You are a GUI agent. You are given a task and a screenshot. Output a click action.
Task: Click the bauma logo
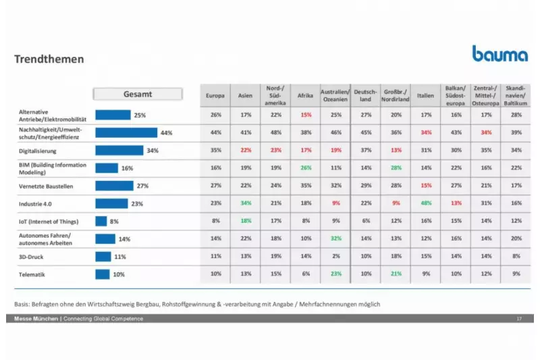click(500, 54)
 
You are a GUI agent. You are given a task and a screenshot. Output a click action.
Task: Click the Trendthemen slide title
click(49, 59)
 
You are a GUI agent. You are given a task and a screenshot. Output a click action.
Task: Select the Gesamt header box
click(138, 95)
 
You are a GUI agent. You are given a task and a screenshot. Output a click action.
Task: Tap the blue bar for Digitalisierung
click(119, 151)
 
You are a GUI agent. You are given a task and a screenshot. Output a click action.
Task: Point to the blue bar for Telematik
click(103, 274)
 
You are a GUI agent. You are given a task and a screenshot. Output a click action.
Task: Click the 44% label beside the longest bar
click(167, 133)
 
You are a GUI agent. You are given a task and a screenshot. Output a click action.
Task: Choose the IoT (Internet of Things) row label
click(49, 221)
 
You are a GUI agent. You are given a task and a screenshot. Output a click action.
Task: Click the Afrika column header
click(306, 96)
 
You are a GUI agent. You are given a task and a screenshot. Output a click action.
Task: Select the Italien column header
click(425, 96)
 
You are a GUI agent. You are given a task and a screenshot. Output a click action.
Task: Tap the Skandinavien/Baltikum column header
click(516, 95)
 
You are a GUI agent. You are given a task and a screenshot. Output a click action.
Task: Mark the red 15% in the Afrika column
click(306, 115)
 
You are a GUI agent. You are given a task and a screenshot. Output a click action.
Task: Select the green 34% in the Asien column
click(245, 203)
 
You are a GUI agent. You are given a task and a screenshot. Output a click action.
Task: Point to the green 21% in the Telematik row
click(396, 274)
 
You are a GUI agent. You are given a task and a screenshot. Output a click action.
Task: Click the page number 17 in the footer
click(519, 318)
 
